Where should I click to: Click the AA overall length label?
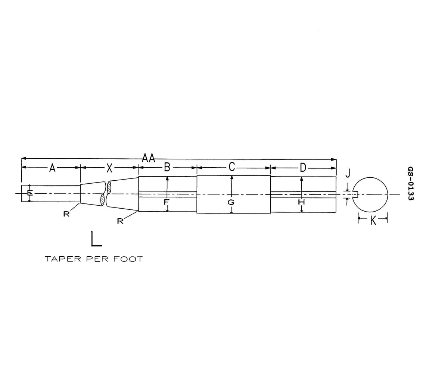(x=149, y=158)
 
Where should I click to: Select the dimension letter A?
(x=53, y=169)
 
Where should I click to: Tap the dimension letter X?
(x=109, y=169)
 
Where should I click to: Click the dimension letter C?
(x=231, y=167)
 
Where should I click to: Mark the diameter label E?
(x=29, y=193)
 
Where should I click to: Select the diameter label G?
(x=231, y=202)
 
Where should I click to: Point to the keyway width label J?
(x=348, y=173)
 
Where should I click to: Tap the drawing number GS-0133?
(x=411, y=184)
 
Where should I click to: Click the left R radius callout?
(x=66, y=214)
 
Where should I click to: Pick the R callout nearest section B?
(x=120, y=222)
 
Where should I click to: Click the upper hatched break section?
(x=109, y=187)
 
